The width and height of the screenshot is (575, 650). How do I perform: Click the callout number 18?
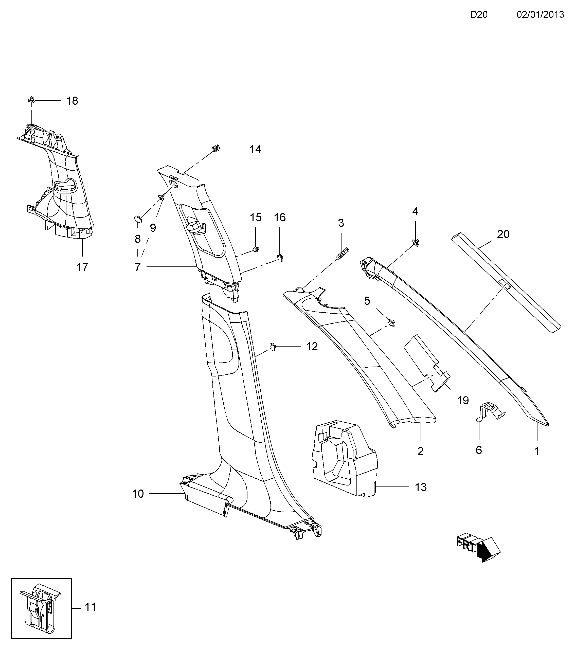[72, 101]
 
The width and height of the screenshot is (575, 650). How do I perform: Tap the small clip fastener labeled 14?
[216, 148]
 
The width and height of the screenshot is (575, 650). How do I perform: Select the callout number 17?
[82, 267]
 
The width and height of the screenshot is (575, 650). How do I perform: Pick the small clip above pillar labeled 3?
[343, 254]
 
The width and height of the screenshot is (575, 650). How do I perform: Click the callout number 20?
[503, 234]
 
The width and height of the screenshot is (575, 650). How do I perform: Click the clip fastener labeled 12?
[273, 346]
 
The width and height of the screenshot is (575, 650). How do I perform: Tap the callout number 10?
[138, 494]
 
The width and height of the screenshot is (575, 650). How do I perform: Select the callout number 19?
[463, 400]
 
